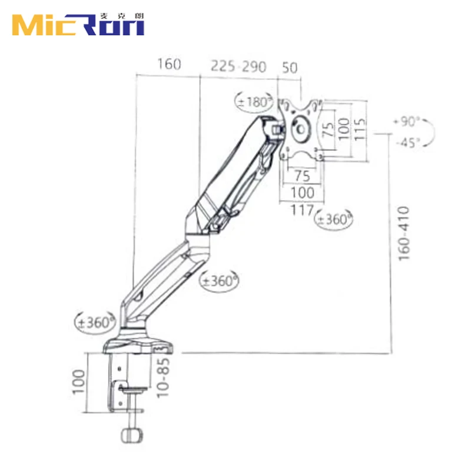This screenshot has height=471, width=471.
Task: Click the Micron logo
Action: (78, 24)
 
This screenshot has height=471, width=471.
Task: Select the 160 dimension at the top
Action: (168, 65)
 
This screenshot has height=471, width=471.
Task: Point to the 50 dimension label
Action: (290, 66)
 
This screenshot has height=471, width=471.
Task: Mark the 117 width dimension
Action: (302, 208)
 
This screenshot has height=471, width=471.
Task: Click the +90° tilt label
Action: (406, 122)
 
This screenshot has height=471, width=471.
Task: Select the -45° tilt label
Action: (407, 142)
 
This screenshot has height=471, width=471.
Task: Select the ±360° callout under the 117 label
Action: (334, 219)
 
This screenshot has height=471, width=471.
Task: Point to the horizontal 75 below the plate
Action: (302, 175)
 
